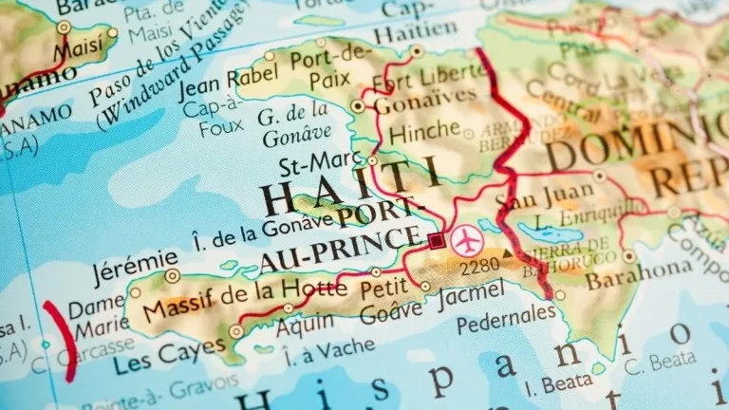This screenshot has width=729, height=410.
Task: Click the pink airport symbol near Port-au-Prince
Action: (466, 240)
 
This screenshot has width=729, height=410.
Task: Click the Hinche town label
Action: (424, 132)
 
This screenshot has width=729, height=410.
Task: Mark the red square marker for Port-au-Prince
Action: (436, 240)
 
